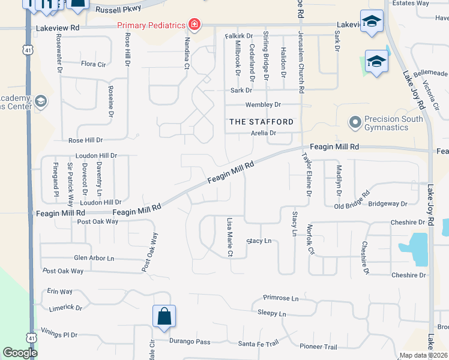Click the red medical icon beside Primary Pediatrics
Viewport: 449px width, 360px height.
[x=194, y=25]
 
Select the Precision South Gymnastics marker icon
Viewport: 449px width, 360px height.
[x=355, y=123]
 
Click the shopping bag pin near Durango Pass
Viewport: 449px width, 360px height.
[x=164, y=317]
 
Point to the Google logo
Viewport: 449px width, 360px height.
[x=20, y=353]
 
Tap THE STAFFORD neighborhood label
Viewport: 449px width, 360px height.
[x=262, y=122]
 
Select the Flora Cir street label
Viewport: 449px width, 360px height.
[x=93, y=64]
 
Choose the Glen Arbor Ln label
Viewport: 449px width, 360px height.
[x=94, y=258]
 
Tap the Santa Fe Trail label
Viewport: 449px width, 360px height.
[x=258, y=343]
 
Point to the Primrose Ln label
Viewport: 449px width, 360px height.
[x=281, y=298]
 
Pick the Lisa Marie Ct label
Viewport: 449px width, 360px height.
[x=229, y=237]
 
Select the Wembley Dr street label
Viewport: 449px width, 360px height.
[x=264, y=104]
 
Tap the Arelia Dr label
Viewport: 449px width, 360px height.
[x=263, y=133]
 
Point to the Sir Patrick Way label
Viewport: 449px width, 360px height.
[x=70, y=181]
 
